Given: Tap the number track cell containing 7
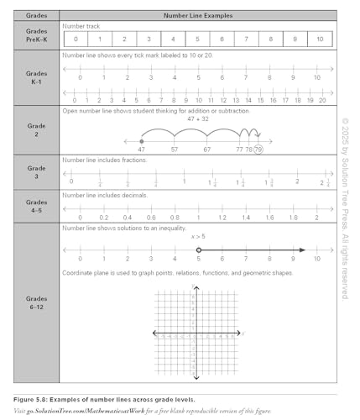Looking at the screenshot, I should point(247,39).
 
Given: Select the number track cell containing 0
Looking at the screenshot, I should point(76,39).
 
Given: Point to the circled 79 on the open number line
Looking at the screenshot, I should point(258,149).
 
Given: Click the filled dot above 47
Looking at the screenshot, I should point(140,140).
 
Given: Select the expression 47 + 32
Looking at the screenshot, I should point(199,120).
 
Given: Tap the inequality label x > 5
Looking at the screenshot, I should point(198,237).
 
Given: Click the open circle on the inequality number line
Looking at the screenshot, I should point(198,249).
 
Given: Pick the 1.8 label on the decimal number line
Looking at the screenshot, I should point(292,217).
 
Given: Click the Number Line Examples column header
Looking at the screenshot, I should point(198,15).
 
